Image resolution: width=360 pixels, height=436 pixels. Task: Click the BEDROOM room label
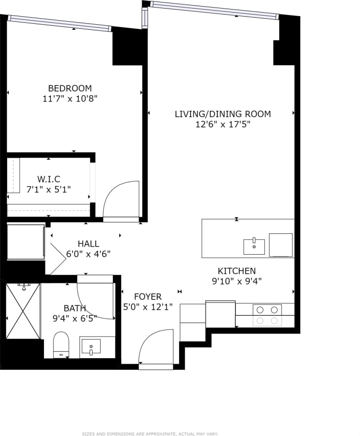[x=70, y=88]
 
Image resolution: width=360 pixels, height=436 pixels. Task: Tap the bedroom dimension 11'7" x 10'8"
[x=70, y=99]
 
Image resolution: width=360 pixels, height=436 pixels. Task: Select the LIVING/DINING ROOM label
[x=222, y=114]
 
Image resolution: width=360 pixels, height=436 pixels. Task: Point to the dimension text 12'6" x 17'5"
[x=222, y=125]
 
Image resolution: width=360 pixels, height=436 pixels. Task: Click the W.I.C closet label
[x=49, y=179]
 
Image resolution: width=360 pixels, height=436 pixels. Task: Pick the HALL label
[x=88, y=244]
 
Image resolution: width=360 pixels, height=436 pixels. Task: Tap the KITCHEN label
[x=237, y=271]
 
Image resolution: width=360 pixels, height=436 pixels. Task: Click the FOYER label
[x=148, y=297]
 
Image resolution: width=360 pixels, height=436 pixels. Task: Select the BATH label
[x=74, y=308]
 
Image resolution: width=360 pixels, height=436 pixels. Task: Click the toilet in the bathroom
[x=61, y=344]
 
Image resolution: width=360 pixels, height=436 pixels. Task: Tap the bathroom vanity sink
[x=91, y=347]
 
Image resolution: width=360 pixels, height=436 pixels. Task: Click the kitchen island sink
[x=254, y=247]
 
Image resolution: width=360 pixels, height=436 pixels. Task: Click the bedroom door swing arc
[x=120, y=200]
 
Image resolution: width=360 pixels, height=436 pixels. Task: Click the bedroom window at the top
[x=60, y=23]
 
